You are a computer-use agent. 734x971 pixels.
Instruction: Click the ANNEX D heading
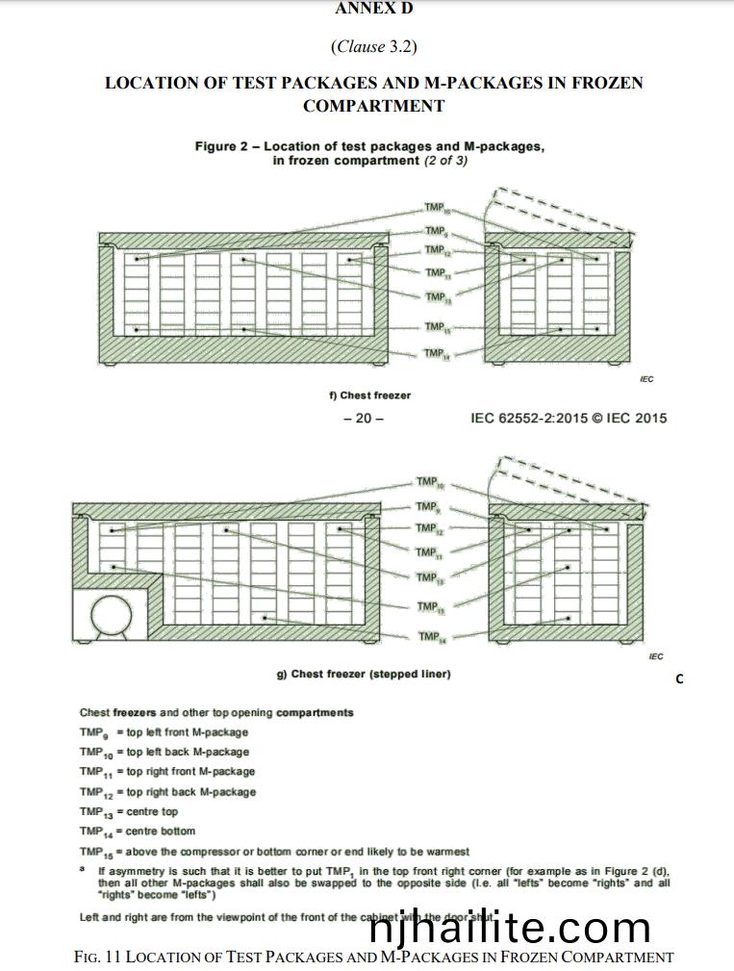click(x=373, y=9)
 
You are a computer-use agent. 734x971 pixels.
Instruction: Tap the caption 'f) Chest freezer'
click(x=369, y=396)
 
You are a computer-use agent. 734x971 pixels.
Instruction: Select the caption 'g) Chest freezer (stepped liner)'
click(x=364, y=674)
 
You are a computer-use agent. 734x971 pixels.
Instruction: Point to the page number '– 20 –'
click(x=364, y=418)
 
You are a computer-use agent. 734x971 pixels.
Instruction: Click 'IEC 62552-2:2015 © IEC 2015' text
click(x=569, y=418)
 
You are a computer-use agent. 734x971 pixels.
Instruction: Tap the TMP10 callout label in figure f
click(x=437, y=208)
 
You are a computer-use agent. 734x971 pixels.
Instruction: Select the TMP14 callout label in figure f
click(x=437, y=354)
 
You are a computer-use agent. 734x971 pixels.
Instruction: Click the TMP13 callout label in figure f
click(x=437, y=297)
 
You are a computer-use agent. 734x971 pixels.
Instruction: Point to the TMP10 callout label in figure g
click(x=429, y=482)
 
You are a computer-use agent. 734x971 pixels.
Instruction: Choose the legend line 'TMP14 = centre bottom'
click(x=138, y=831)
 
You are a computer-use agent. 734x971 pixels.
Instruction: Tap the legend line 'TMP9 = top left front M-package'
click(x=164, y=732)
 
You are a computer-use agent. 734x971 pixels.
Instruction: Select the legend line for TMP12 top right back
click(x=167, y=792)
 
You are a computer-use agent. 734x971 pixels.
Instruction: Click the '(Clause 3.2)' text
click(x=373, y=46)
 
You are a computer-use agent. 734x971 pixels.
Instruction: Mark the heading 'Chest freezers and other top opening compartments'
click(x=216, y=712)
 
